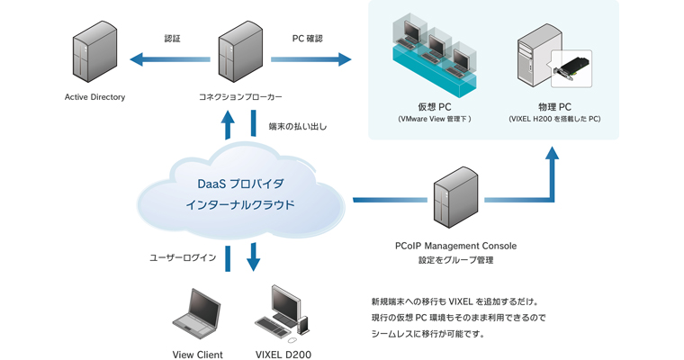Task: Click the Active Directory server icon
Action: (x=94, y=55)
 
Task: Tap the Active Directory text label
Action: (x=94, y=96)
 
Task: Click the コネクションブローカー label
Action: (x=240, y=96)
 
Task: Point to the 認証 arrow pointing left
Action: (x=170, y=60)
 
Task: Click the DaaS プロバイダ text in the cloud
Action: (x=239, y=184)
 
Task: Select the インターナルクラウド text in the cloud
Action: (x=239, y=205)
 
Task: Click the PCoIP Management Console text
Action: (x=455, y=245)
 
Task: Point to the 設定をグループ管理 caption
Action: (x=455, y=260)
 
